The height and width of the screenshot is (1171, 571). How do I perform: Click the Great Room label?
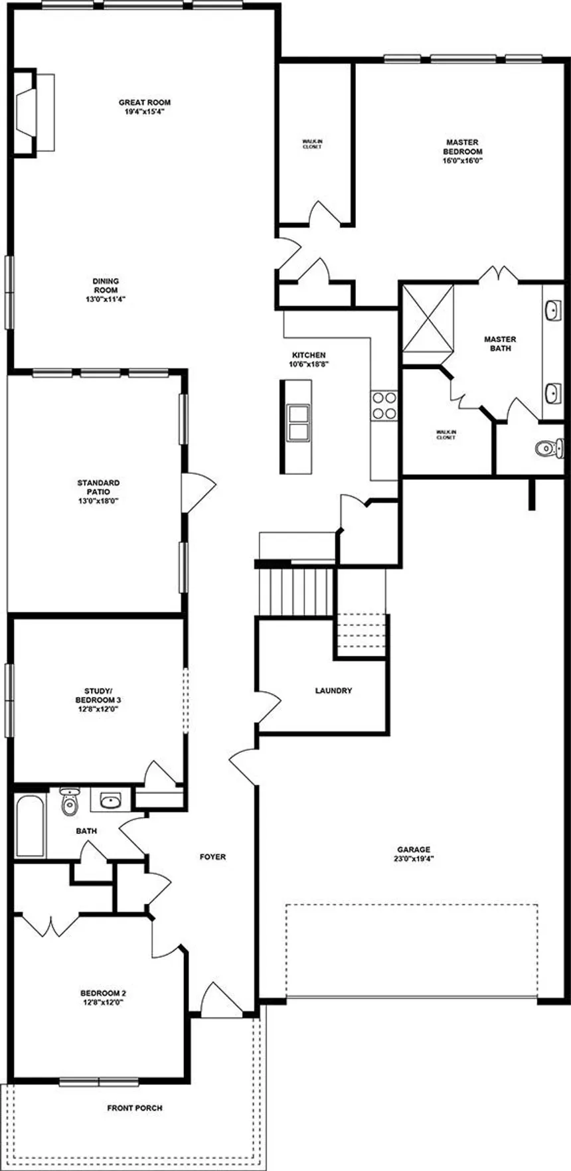tap(145, 102)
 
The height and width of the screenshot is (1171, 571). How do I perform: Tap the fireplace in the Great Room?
tap(33, 112)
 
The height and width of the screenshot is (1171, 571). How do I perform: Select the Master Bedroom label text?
tap(462, 147)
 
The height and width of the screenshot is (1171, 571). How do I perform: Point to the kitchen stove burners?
tap(384, 405)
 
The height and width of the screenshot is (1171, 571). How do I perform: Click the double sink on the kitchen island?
tap(297, 422)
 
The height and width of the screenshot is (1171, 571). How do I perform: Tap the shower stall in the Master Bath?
tap(428, 318)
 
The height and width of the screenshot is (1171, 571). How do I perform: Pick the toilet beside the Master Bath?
tap(548, 449)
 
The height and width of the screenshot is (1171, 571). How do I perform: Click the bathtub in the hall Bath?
tap(30, 826)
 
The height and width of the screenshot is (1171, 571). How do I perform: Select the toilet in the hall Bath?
tap(69, 801)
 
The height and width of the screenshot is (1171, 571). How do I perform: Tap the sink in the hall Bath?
tap(110, 801)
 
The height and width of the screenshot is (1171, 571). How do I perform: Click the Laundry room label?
tap(333, 690)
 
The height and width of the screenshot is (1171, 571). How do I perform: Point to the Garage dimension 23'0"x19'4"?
tap(414, 858)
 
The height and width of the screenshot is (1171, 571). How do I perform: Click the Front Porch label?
tap(135, 1108)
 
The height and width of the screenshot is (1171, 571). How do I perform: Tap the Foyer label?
tap(212, 857)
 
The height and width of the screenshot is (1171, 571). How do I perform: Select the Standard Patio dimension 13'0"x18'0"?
tap(98, 501)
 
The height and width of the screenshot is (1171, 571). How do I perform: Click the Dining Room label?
tap(106, 285)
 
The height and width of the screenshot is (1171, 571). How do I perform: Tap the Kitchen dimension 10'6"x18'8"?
tap(309, 364)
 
